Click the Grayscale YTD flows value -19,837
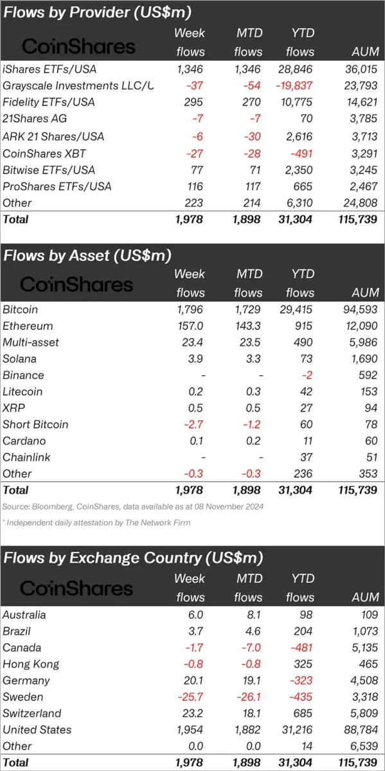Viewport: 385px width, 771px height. (x=294, y=85)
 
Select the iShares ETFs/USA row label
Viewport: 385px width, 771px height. (x=49, y=69)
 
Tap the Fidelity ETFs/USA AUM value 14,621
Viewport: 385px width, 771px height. (x=361, y=102)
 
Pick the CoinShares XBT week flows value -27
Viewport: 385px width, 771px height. (x=195, y=154)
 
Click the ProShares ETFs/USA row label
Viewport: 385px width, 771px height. (x=57, y=186)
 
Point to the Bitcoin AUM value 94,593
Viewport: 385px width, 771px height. (x=360, y=310)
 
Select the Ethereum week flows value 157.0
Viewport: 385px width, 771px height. (x=190, y=326)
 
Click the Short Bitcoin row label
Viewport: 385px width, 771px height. (x=35, y=425)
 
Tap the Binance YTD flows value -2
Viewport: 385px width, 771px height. (x=307, y=375)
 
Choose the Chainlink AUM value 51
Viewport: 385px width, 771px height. (x=372, y=457)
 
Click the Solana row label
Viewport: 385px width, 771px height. (x=20, y=359)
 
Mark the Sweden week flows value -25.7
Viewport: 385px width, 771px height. (x=190, y=696)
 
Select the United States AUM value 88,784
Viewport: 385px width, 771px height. (x=361, y=730)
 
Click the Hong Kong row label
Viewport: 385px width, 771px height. (x=31, y=664)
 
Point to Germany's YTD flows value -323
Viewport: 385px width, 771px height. (x=301, y=680)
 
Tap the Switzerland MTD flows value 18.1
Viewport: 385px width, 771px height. (x=252, y=713)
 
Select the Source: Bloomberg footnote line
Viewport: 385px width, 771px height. (x=133, y=507)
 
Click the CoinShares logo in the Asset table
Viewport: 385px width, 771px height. (x=76, y=285)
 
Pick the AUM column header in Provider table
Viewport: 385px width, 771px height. (x=365, y=51)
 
